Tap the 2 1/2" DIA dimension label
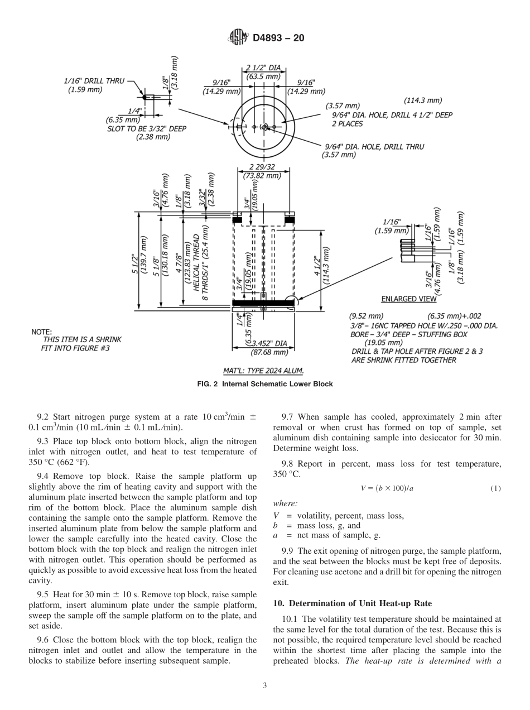[x=263, y=69]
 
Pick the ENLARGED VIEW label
[x=409, y=299]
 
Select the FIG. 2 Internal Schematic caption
[x=264, y=384]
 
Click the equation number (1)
[x=495, y=488]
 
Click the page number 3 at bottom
[x=265, y=685]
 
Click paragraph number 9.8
[x=288, y=464]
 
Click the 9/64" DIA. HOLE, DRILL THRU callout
[x=374, y=147]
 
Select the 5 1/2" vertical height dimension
[x=134, y=260]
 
